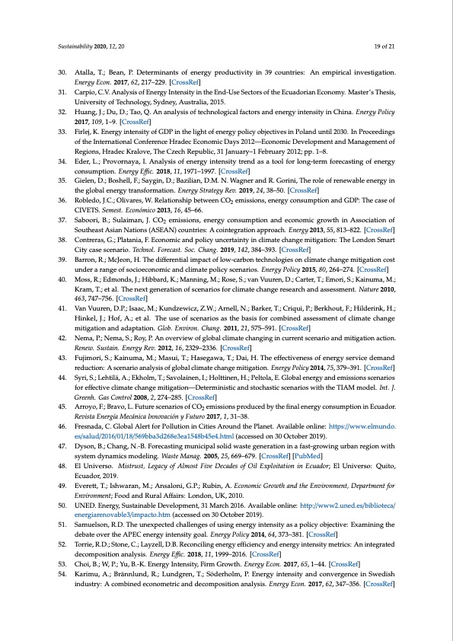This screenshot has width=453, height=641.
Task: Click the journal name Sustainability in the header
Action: pos(75,46)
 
